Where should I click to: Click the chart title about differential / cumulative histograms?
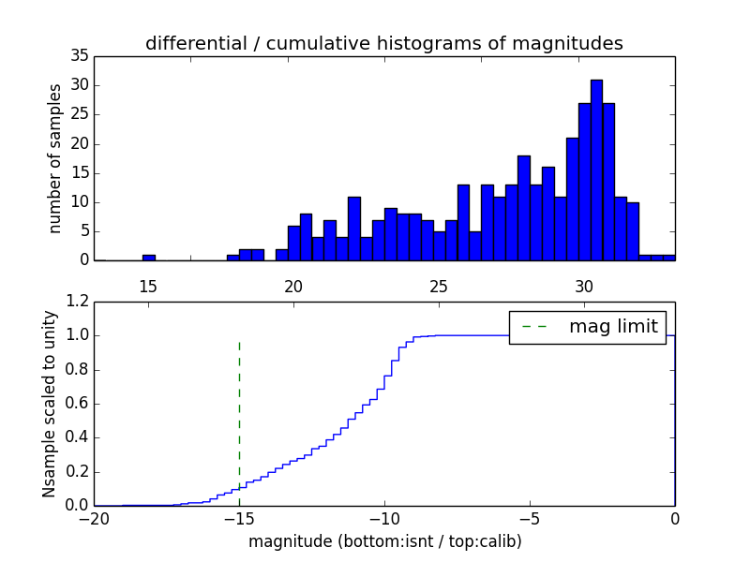pyautogui.click(x=383, y=43)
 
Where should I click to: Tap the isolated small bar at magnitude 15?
pyautogui.click(x=148, y=257)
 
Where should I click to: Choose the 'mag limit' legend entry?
pyautogui.click(x=588, y=327)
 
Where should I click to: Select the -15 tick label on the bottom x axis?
pyautogui.click(x=239, y=521)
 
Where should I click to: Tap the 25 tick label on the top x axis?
pyautogui.click(x=439, y=287)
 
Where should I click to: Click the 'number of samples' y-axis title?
pyautogui.click(x=55, y=158)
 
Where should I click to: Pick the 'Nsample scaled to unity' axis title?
pyautogui.click(x=49, y=403)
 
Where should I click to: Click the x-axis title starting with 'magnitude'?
pyautogui.click(x=384, y=541)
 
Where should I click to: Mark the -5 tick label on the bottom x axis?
pyautogui.click(x=530, y=521)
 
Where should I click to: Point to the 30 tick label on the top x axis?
pyautogui.click(x=584, y=287)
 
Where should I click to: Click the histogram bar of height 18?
pyautogui.click(x=523, y=208)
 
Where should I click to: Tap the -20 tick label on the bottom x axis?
pyautogui.click(x=94, y=521)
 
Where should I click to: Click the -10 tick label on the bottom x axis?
pyautogui.click(x=384, y=521)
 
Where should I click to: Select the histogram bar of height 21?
pyautogui.click(x=572, y=199)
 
